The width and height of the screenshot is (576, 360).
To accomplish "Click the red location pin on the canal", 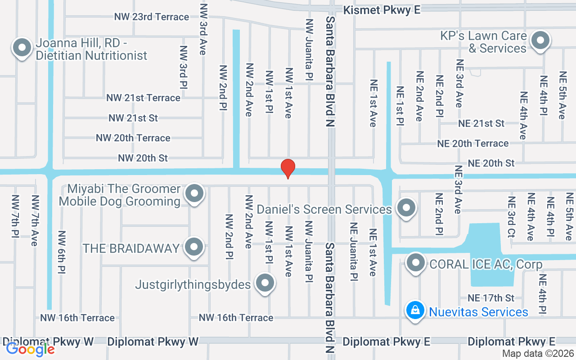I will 288,169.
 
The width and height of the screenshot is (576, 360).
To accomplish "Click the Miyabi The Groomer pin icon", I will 195,193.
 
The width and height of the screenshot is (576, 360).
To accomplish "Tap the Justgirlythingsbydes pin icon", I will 265,283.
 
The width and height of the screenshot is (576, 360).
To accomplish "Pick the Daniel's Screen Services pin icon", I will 407,208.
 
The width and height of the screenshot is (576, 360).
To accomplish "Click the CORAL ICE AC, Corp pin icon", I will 415,263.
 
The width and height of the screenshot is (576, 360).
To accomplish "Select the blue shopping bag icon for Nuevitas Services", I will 415,310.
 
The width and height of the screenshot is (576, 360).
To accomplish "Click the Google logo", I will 30,349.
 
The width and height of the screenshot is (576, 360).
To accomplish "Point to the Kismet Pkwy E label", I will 382,10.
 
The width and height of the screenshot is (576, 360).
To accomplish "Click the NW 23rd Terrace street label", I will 151,17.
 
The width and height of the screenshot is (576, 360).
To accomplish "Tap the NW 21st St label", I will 133,118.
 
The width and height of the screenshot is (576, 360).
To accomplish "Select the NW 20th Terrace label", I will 133,138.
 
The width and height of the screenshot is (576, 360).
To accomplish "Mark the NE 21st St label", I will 481,123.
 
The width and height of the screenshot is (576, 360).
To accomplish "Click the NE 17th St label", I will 490,298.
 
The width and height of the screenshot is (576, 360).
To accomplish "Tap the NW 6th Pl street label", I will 62,252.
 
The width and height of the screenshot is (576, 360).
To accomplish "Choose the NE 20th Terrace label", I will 473,144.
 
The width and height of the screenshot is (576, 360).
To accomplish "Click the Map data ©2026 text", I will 537,354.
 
